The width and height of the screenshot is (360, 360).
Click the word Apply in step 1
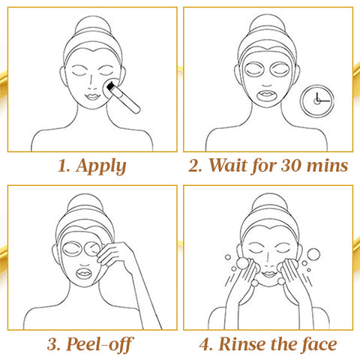[x=101, y=166]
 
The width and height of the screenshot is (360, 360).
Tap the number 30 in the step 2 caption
[x=291, y=166]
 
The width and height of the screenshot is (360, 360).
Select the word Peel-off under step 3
[x=100, y=344]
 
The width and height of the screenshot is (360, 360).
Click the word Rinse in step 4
[x=242, y=344]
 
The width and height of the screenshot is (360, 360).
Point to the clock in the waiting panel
[x=317, y=100]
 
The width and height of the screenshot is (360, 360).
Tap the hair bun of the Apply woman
[x=93, y=25]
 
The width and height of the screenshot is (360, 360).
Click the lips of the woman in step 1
[x=92, y=96]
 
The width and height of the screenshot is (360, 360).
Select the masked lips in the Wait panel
[x=267, y=95]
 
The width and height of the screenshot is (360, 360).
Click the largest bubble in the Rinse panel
[x=313, y=254]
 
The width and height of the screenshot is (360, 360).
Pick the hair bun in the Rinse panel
[x=269, y=204]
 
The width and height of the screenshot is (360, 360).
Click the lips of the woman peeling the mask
[x=84, y=274]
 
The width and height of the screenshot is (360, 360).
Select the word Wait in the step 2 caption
[x=227, y=165]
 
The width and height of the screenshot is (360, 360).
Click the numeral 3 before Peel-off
[x=52, y=344]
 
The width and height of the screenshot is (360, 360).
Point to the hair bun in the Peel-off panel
[x=85, y=204]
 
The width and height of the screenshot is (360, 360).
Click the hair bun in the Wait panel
[x=268, y=25]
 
